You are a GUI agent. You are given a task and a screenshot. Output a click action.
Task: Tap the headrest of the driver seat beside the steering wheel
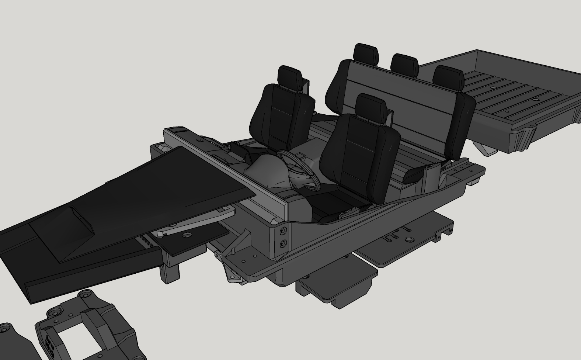coord(371,105)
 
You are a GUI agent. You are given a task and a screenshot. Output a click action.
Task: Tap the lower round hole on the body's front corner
coord(283,244)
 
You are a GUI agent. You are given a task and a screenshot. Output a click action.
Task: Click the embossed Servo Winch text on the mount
coord(49,345)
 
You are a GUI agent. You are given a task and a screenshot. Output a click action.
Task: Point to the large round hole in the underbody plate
coord(408,240)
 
